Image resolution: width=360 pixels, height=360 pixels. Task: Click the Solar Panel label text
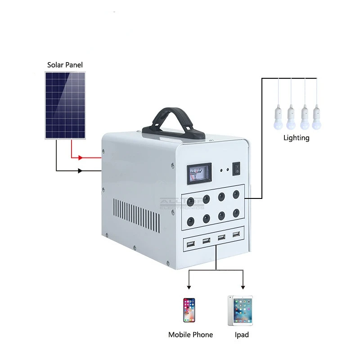(x=65, y=65)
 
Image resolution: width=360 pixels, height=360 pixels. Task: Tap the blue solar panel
(x=66, y=105)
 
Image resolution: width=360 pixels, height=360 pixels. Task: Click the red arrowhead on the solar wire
(x=81, y=158)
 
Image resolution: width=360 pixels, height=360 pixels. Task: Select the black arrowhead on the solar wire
(x=81, y=171)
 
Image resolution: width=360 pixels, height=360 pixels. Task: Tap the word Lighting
(x=296, y=138)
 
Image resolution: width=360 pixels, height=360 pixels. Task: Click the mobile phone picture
(x=189, y=310)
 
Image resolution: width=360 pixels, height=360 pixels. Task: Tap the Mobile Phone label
(x=190, y=335)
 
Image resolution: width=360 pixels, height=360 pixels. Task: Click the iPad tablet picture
(x=240, y=310)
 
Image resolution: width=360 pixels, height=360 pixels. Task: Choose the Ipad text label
(x=242, y=335)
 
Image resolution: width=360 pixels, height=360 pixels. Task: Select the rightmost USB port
(x=236, y=234)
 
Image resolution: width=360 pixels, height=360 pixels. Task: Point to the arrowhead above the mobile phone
(x=189, y=287)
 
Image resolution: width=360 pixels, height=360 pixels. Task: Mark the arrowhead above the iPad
(x=243, y=287)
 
